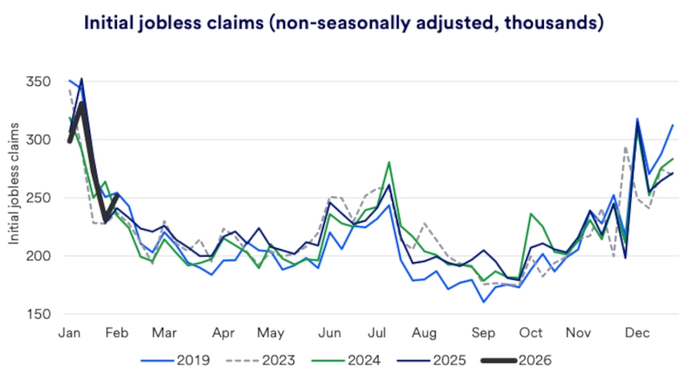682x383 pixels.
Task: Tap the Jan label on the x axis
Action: pyautogui.click(x=70, y=333)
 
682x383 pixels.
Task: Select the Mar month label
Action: pyautogui.click(x=164, y=333)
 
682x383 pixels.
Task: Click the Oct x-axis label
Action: pyautogui.click(x=531, y=333)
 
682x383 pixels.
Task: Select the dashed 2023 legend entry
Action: pyautogui.click(x=279, y=359)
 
